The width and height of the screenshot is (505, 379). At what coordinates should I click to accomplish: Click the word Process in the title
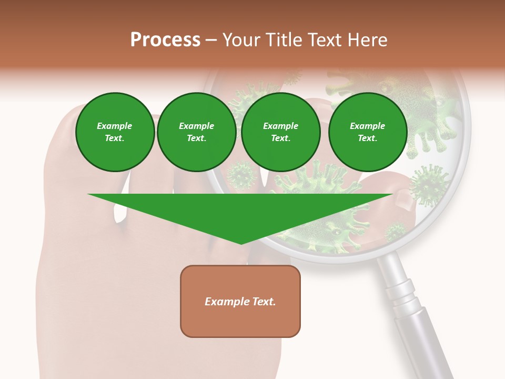tap(165, 40)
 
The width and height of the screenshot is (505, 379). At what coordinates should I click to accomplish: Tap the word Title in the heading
tap(283, 40)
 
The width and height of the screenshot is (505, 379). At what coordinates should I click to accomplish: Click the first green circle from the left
tap(115, 132)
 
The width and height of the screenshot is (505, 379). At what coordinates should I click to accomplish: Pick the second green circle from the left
tap(197, 132)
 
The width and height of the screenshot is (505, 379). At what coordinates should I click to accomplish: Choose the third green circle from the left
tap(281, 132)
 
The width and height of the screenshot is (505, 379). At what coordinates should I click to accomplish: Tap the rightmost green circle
tap(368, 132)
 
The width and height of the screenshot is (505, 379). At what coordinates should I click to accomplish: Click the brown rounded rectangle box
tap(240, 301)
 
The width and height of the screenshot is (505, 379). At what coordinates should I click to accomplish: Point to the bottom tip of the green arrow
tap(241, 243)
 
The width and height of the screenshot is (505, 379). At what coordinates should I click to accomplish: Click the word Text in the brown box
tap(264, 302)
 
